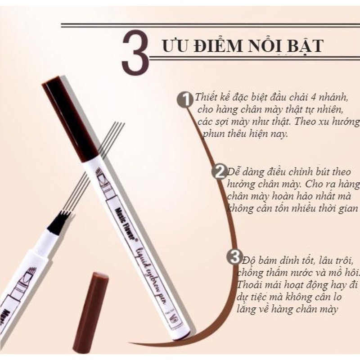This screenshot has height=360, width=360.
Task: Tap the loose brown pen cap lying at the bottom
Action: click(92, 311)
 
